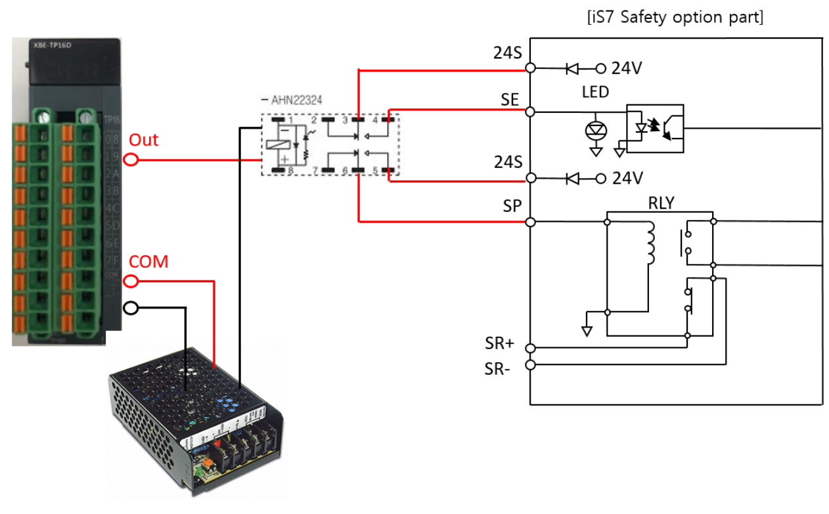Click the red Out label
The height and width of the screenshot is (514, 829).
point(143,140)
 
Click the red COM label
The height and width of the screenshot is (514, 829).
point(148,262)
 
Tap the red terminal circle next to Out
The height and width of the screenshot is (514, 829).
point(131,160)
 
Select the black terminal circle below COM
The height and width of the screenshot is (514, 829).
point(131,308)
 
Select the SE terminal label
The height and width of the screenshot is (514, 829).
point(510,99)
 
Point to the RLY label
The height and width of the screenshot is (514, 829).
point(660,203)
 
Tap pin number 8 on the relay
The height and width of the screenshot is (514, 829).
point(290,170)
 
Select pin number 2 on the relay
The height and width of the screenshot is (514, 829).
point(314,119)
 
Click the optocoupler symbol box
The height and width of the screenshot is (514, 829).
point(655,129)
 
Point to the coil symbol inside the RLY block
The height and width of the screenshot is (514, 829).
point(651,244)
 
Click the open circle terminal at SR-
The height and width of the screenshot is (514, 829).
point(530,364)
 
